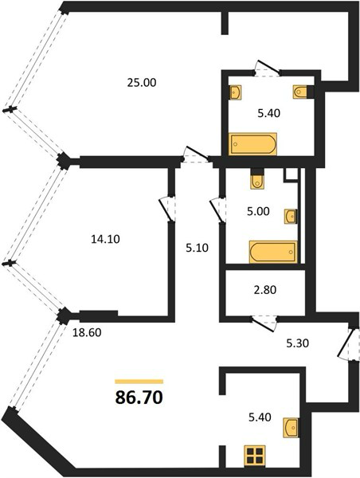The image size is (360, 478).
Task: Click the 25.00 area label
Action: coord(142,83)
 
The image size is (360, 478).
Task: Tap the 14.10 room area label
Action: coord(105,239)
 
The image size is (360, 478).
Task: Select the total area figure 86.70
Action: coord(139,398)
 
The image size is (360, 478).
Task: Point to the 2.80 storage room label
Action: coord(265,290)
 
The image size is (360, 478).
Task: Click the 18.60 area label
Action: coord(87,332)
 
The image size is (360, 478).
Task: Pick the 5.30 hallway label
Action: coord(298,343)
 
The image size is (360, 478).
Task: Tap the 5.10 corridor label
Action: coord(198,248)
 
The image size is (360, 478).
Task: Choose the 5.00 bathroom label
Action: coord(259,211)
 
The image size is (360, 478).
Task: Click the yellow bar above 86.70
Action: coord(139,382)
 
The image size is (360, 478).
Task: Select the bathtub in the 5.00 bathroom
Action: coord(273,252)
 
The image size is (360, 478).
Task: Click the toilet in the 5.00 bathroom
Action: coord(257,179)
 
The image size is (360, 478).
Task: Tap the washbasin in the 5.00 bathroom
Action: coord(291,217)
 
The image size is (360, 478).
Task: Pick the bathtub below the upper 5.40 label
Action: coord(252,144)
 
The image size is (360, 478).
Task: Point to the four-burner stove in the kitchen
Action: coord(255,456)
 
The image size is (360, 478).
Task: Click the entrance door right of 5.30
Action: coord(346,344)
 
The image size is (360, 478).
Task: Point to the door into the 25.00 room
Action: coord(196,155)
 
